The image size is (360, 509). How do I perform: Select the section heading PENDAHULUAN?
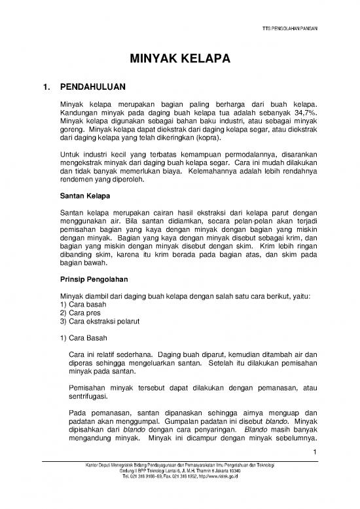(97, 86)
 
